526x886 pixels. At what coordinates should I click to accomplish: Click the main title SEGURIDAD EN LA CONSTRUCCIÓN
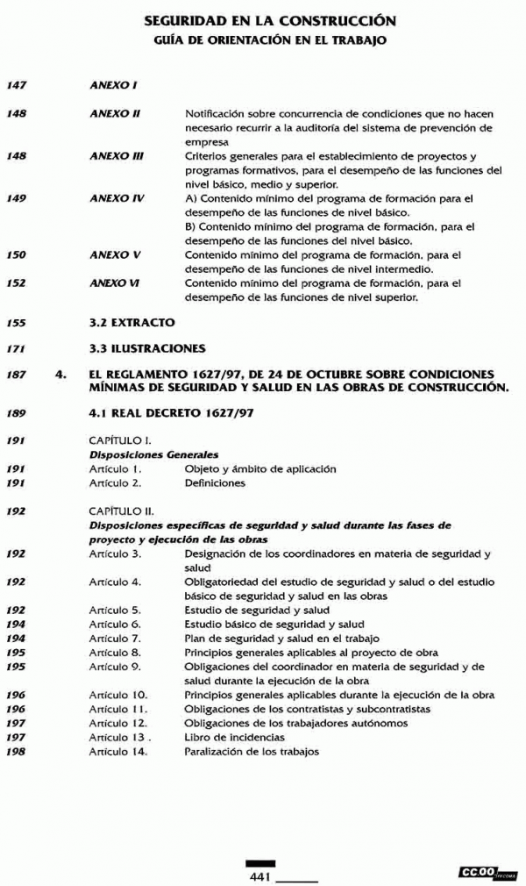[x=269, y=20]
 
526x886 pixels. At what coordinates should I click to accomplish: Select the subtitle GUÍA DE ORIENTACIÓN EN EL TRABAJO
[x=269, y=40]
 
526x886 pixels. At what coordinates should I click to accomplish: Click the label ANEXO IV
[x=117, y=199]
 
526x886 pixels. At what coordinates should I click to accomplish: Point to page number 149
[x=16, y=199]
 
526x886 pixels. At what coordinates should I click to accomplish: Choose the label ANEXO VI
[x=115, y=283]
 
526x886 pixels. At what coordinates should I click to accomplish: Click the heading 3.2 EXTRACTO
[x=131, y=323]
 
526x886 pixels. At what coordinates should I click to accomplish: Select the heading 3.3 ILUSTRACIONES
[x=147, y=349]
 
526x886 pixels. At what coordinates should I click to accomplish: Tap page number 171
[x=16, y=349]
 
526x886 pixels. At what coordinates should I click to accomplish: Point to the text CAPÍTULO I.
[x=121, y=439]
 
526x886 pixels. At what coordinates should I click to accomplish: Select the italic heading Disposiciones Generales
[x=153, y=454]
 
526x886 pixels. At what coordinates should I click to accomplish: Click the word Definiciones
[x=215, y=482]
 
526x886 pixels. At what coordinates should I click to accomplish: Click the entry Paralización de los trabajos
[x=252, y=751]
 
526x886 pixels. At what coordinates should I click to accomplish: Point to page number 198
[x=16, y=751]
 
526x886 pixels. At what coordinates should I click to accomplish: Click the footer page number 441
[x=260, y=876]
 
